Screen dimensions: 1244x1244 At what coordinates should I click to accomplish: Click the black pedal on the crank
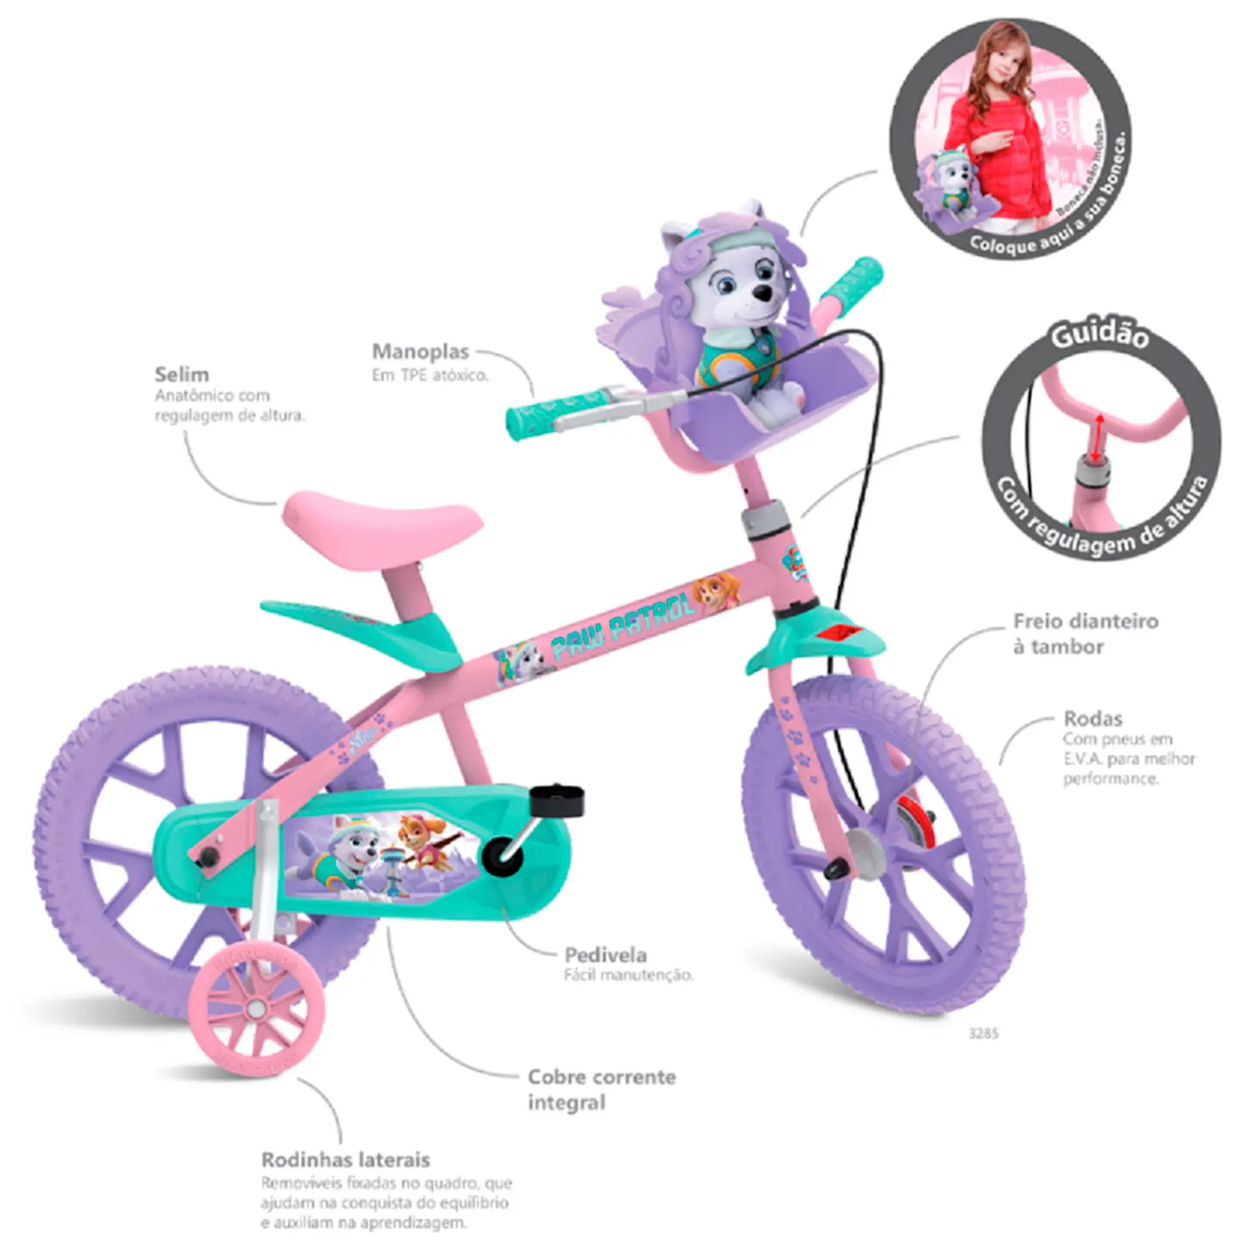point(557,800)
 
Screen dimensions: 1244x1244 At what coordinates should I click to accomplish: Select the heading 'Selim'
point(181,374)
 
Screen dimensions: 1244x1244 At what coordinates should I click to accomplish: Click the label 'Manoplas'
point(420,352)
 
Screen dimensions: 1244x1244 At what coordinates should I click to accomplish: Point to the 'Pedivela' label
point(605,955)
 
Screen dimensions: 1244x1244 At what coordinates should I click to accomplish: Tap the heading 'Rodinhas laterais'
point(345,1159)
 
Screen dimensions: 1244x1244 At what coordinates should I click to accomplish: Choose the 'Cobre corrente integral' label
point(601,1088)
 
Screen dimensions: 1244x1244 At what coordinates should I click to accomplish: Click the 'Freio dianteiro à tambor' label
point(1085,634)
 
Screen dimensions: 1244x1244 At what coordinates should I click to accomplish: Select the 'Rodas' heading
point(1092,719)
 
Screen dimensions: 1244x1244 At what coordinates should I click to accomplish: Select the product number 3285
point(983,1034)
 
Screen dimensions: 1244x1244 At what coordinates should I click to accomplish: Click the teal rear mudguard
point(363,627)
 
